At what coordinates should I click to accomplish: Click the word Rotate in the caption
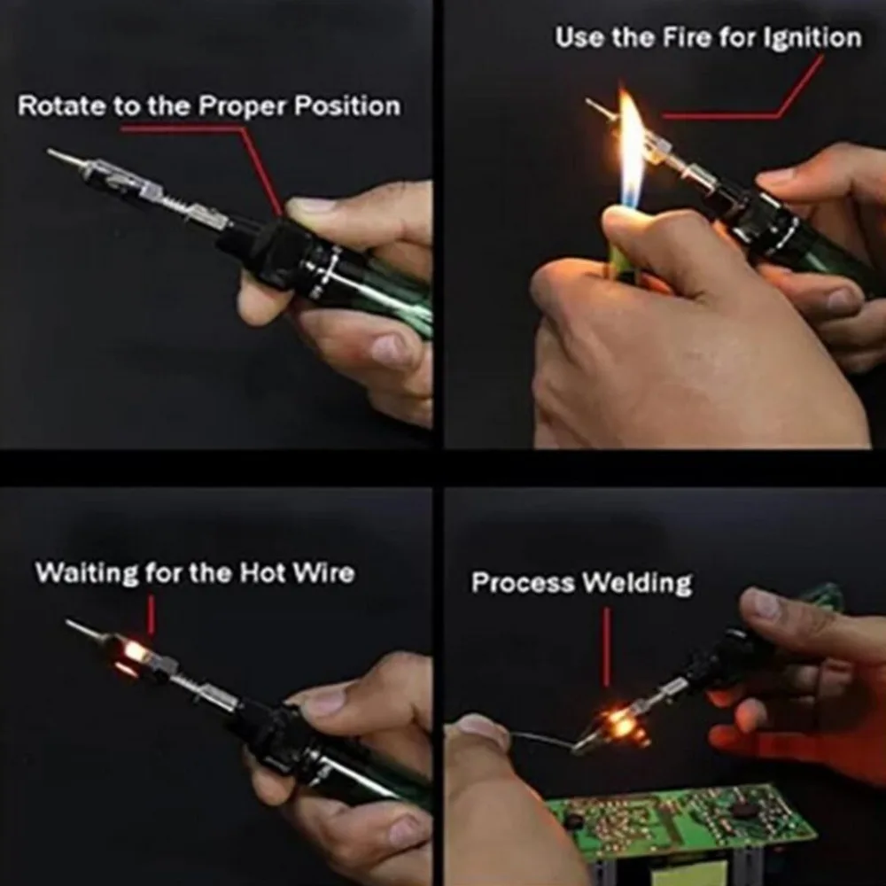[62, 105]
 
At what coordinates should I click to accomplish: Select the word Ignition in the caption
[812, 38]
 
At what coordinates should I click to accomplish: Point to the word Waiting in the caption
[87, 573]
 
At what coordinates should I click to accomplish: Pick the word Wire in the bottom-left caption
[323, 572]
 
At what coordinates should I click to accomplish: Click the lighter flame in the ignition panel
[630, 148]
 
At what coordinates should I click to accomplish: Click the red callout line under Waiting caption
[151, 614]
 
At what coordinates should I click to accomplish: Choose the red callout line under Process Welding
[606, 647]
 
